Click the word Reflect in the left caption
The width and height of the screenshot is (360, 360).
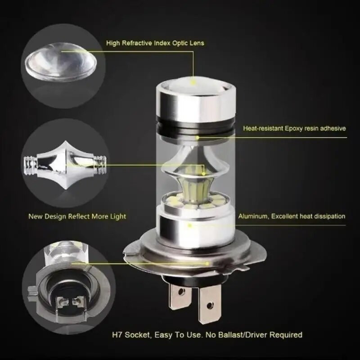[81, 216]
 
